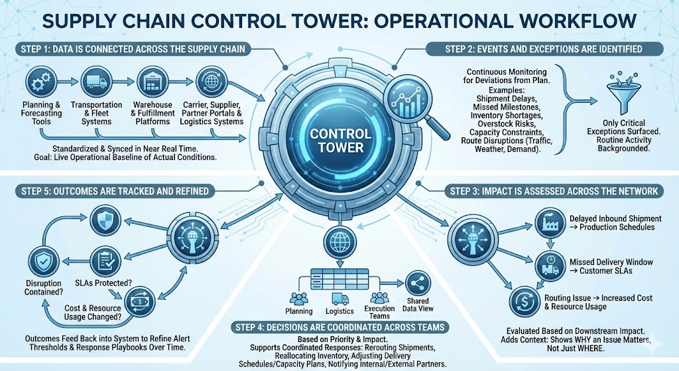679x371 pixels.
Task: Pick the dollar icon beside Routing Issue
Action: [523, 303]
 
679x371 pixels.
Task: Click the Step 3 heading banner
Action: [554, 191]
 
